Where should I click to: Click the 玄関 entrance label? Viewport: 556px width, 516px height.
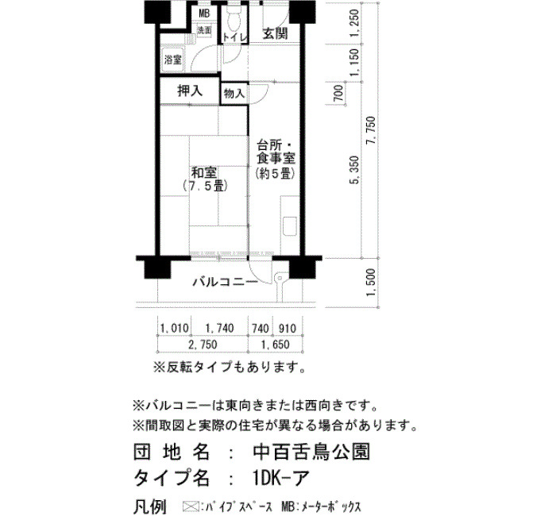[x=275, y=33]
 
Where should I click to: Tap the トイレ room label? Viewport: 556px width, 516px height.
[x=234, y=37]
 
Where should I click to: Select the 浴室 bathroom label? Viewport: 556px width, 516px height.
[x=172, y=60]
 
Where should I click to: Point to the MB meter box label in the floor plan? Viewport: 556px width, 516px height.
[x=204, y=13]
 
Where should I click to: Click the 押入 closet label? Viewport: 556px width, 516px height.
[x=190, y=91]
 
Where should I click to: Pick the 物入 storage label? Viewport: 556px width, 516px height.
[x=234, y=94]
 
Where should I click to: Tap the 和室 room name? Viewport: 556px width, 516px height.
[x=204, y=173]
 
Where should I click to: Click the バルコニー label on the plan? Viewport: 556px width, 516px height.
[x=225, y=283]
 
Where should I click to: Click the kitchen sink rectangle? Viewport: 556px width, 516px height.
[x=290, y=225]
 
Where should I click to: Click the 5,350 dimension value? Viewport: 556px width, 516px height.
[x=355, y=171]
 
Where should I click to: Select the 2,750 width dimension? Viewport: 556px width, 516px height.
[x=203, y=345]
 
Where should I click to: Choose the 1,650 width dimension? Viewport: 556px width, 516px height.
[x=275, y=345]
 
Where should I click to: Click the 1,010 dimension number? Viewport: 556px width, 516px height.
[x=175, y=328]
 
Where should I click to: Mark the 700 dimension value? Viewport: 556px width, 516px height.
[x=339, y=93]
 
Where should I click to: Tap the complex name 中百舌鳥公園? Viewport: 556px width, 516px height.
[x=312, y=452]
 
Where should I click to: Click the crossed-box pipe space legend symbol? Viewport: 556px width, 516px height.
[x=190, y=506]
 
